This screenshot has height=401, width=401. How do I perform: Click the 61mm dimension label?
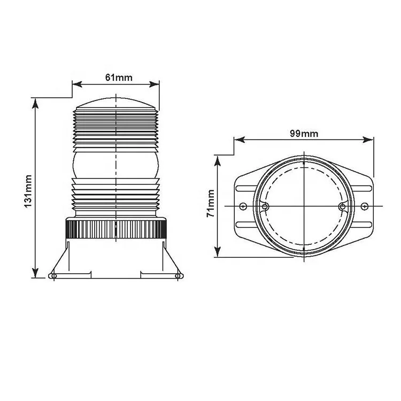point(119,77)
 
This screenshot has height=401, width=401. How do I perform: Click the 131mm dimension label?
point(28,191)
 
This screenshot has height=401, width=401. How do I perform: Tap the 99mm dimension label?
point(304,134)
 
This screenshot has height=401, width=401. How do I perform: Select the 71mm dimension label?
point(211,204)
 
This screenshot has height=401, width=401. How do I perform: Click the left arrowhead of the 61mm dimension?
point(77,84)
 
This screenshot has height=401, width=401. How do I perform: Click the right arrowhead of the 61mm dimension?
point(154,84)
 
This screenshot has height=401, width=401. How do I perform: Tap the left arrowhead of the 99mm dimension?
point(240,140)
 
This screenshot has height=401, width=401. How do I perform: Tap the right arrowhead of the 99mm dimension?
point(368,140)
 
